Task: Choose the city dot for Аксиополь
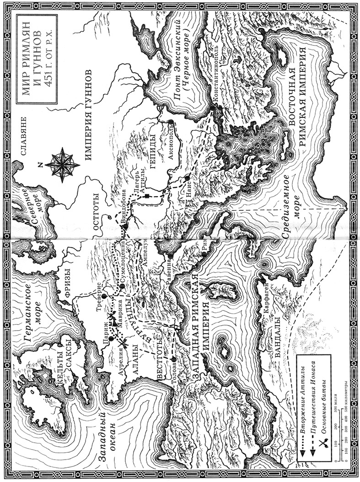tap(170, 122)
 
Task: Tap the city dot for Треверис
tap(104, 296)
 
